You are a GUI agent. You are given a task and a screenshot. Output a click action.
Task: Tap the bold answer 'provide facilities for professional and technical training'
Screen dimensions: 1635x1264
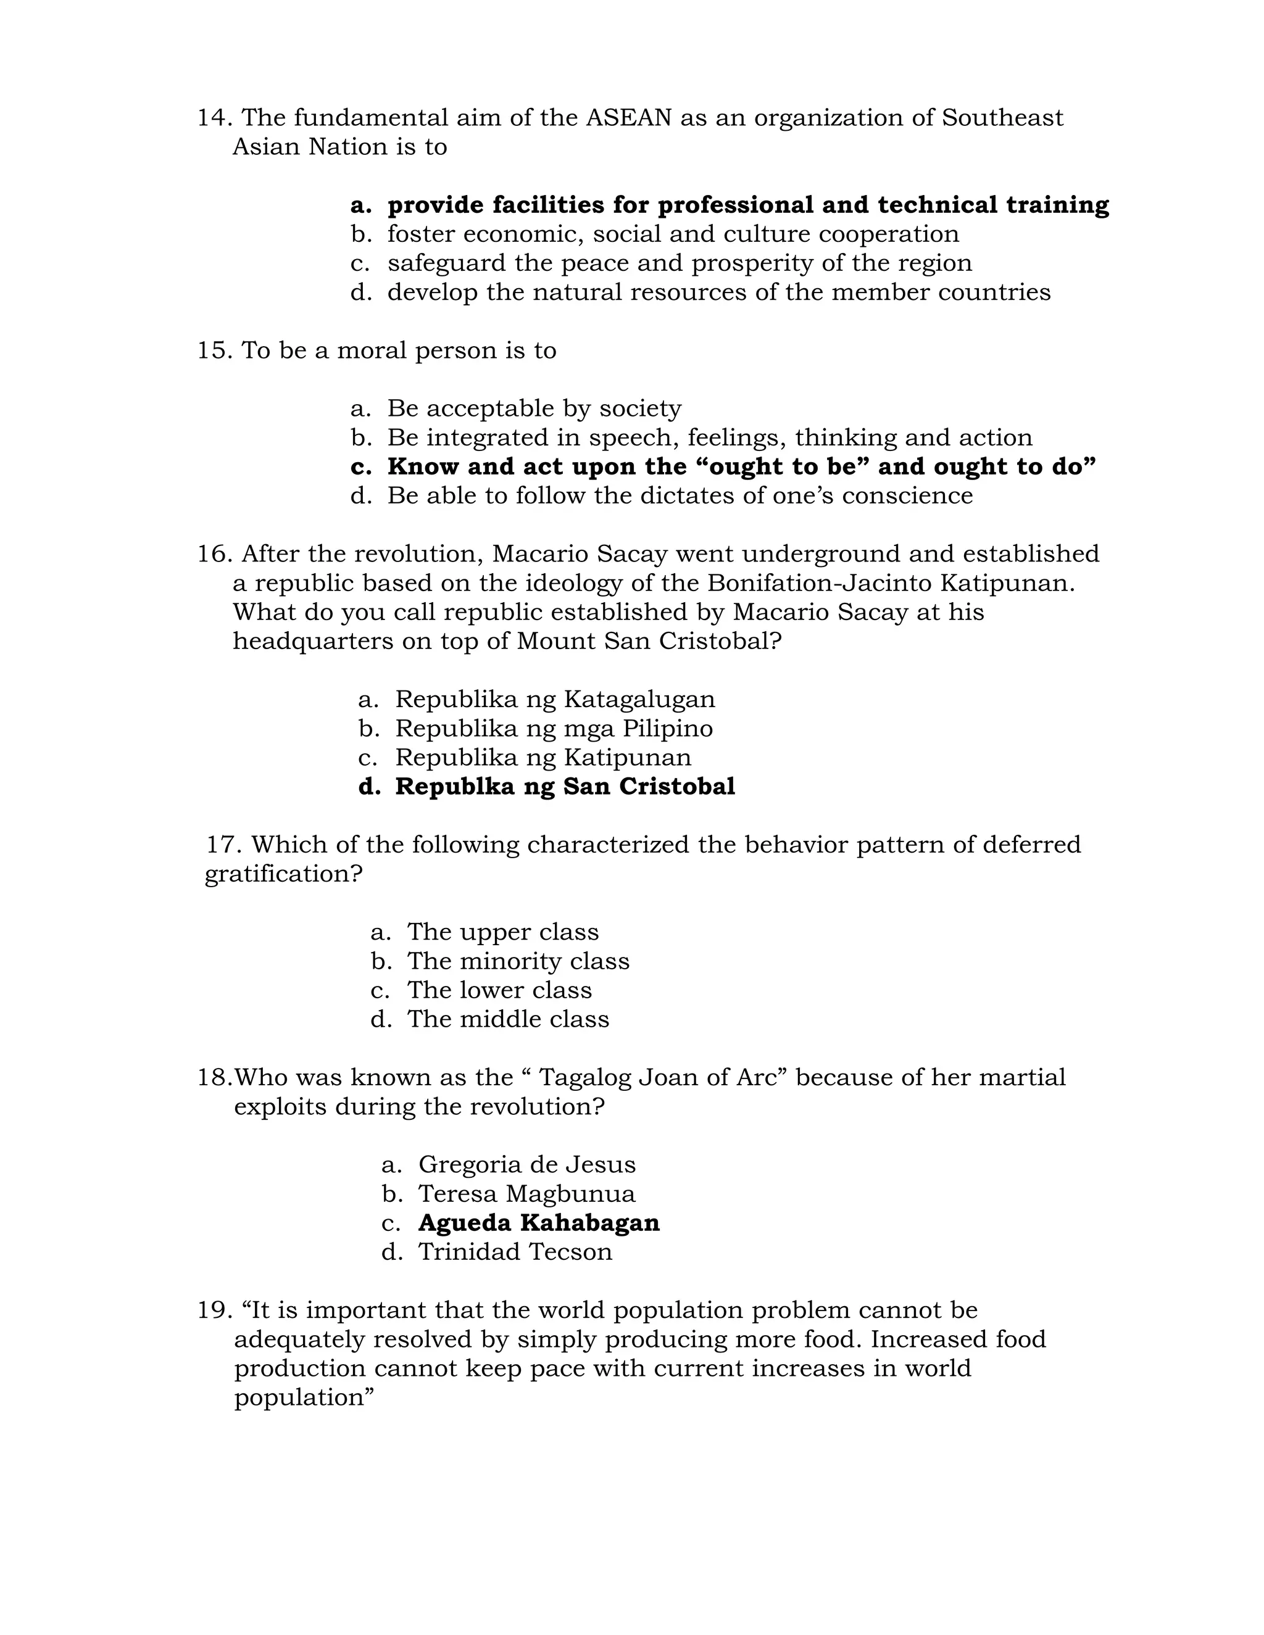coord(747,204)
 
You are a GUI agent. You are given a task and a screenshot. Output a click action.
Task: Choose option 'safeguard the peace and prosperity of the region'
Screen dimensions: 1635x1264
coord(679,263)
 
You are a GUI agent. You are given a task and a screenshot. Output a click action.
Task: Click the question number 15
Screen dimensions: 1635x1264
coord(215,350)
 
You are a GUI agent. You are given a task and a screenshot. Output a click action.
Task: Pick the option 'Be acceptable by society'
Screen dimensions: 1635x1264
coord(534,408)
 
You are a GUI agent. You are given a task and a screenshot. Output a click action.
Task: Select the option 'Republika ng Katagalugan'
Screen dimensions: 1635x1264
coord(555,699)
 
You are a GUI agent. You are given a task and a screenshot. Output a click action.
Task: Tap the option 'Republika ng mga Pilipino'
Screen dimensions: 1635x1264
coord(554,729)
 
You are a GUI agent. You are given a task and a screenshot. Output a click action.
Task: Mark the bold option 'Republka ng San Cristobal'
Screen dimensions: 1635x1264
coord(565,787)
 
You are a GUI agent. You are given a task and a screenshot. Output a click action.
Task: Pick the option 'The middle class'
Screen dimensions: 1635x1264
coord(508,1020)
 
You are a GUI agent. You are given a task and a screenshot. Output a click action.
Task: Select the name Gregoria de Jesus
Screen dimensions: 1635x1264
coord(526,1165)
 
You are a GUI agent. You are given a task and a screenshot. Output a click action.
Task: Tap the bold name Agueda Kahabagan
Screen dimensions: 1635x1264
coord(538,1223)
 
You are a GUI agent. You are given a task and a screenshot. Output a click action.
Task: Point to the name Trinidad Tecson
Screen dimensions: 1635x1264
coord(515,1252)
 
